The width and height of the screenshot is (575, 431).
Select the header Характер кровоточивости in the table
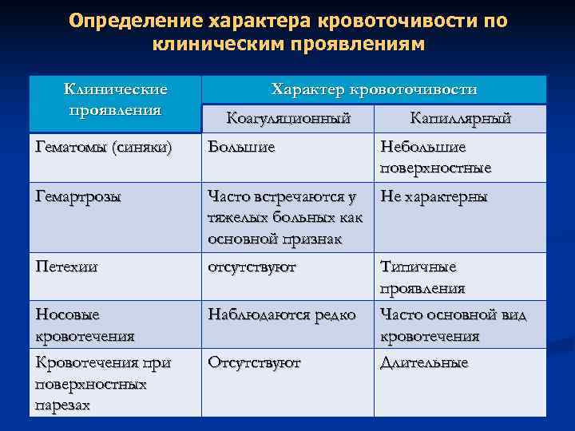(x=374, y=89)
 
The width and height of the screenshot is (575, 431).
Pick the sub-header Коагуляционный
(x=288, y=119)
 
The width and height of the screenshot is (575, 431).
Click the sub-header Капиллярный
(x=460, y=119)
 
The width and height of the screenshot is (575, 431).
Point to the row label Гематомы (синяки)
(x=104, y=148)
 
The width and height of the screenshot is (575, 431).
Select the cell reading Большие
(x=241, y=148)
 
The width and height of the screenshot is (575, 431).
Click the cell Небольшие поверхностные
(x=435, y=158)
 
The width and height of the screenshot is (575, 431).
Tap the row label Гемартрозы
(x=79, y=197)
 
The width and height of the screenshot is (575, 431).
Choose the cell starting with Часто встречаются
(x=284, y=217)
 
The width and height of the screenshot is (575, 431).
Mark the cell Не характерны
(x=434, y=197)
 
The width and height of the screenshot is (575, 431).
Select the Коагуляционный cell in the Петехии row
(x=252, y=267)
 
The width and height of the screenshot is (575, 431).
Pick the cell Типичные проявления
(x=423, y=277)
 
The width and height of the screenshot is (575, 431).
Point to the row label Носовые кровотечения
(x=85, y=325)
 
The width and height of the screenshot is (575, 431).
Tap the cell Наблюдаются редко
(x=281, y=315)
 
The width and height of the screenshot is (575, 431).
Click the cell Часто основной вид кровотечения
(x=453, y=325)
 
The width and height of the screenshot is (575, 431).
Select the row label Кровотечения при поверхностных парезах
(x=103, y=383)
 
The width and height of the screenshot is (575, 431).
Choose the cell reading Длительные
(x=424, y=363)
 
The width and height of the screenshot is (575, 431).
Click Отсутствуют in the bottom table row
(x=254, y=363)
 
